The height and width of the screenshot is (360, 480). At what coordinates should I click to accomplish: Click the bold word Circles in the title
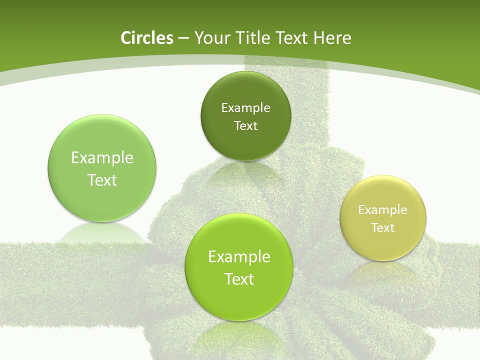coord(146,38)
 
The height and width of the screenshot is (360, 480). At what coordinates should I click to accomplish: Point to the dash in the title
coord(183,38)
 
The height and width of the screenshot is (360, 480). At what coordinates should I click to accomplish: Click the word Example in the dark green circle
coord(245,108)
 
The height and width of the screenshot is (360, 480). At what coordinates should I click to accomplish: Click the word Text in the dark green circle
coord(245,126)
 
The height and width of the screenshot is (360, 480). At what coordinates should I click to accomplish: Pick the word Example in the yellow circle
coord(383,210)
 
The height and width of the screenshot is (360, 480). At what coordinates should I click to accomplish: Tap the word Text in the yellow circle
coord(383,228)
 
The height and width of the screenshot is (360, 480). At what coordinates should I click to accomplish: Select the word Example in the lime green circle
coord(239,257)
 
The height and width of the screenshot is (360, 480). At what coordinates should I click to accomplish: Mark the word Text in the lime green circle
coord(239,279)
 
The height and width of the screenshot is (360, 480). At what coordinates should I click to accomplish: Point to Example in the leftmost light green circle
coord(102,158)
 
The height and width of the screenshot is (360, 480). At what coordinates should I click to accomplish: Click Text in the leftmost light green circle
coord(102,180)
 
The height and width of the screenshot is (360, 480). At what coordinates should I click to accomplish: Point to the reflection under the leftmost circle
coord(102,233)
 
